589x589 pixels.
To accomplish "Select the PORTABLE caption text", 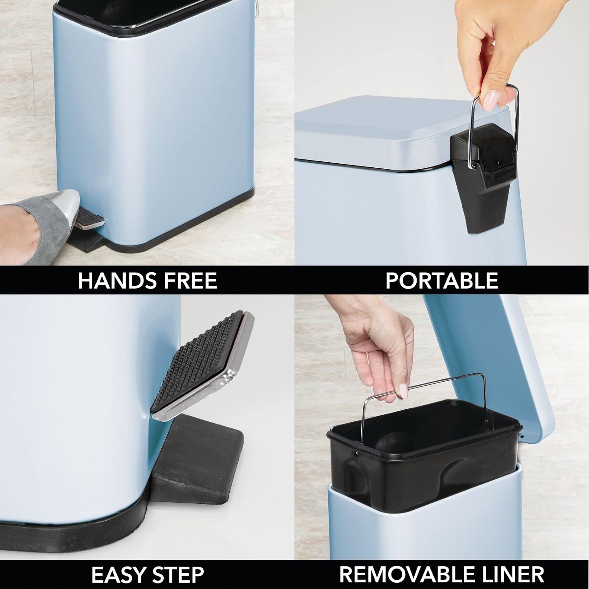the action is point(442,280).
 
